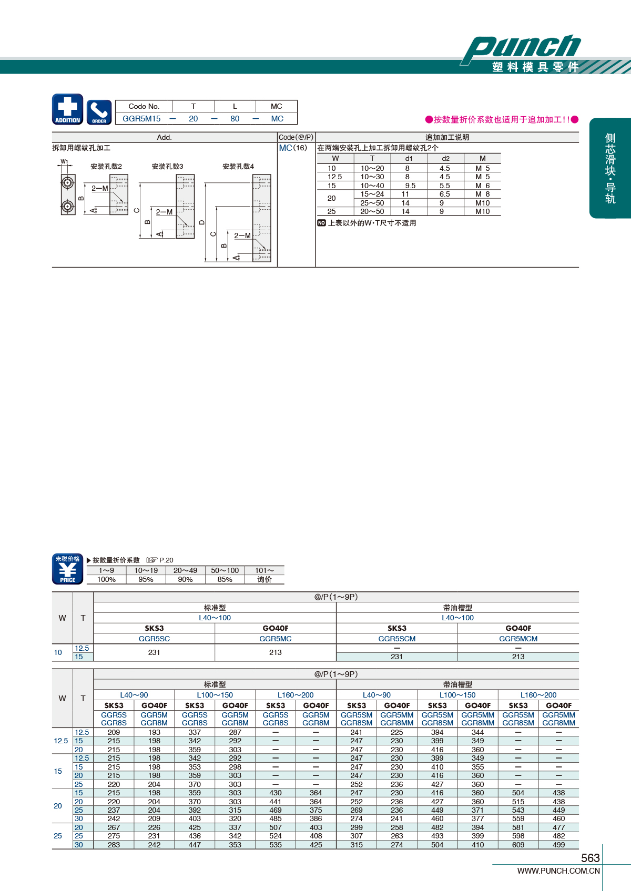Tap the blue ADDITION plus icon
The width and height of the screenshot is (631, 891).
point(67,109)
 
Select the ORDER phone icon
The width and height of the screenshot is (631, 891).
point(99,112)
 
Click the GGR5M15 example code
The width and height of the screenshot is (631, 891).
point(141,118)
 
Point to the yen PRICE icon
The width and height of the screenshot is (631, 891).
point(67,569)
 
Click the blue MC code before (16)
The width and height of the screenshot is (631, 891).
point(285,148)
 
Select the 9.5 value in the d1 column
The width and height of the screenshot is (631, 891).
point(410,186)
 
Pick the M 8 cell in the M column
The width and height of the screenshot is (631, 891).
point(483,194)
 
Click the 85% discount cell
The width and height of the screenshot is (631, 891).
point(225,580)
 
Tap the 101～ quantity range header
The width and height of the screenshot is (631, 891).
point(264,570)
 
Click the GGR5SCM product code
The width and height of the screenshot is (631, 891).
point(396,639)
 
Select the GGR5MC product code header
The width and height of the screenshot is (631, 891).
point(276,639)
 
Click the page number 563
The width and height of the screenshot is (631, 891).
point(590,858)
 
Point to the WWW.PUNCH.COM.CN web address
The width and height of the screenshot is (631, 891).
point(558,871)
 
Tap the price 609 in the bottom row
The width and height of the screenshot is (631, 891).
point(518,845)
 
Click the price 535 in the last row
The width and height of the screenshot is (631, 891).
point(276,845)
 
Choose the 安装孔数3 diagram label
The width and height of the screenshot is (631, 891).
point(168,166)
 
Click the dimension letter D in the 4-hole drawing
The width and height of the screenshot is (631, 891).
point(202,223)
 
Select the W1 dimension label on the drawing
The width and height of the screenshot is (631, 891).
point(65,161)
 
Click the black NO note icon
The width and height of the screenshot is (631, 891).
point(321,223)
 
